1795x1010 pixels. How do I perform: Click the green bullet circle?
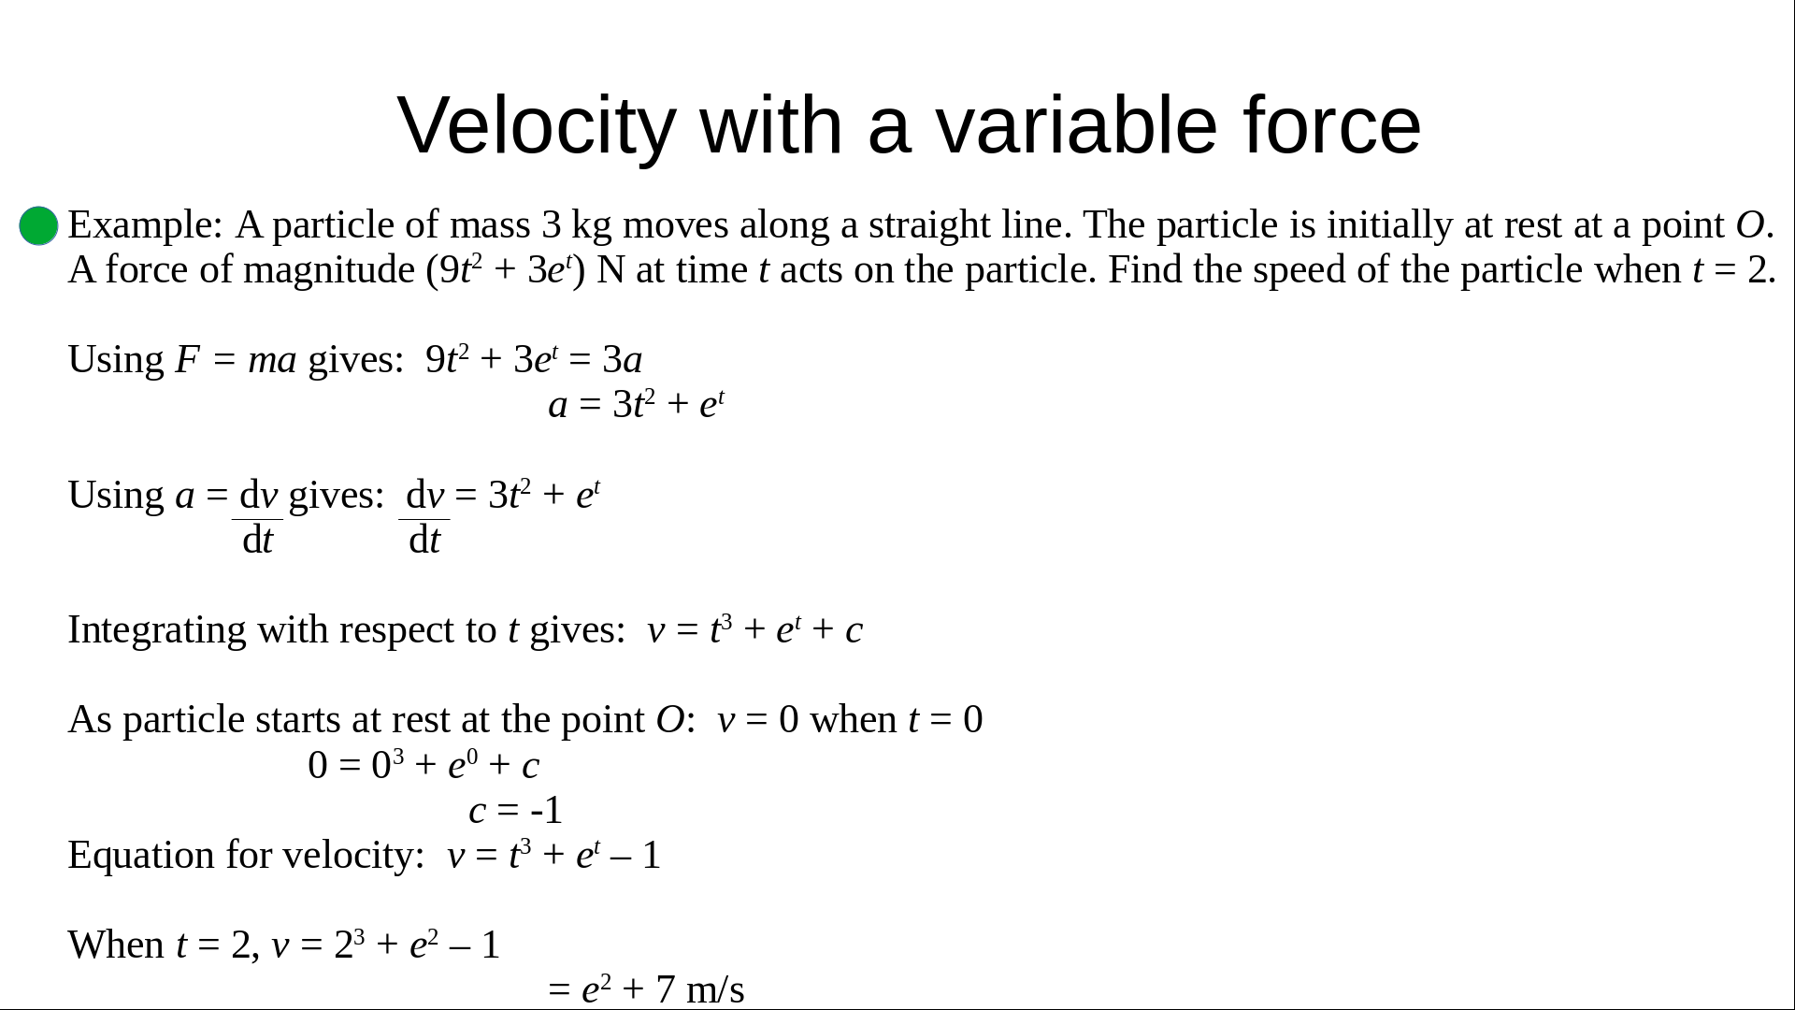(x=38, y=225)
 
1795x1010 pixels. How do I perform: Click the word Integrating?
(x=157, y=631)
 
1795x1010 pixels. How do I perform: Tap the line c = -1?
(x=516, y=811)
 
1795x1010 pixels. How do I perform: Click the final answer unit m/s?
(x=715, y=989)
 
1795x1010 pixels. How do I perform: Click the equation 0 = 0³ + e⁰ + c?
(x=424, y=765)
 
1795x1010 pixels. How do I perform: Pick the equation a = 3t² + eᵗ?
(x=636, y=404)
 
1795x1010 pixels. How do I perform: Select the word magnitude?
(x=329, y=271)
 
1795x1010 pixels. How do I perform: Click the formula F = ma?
(x=236, y=360)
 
